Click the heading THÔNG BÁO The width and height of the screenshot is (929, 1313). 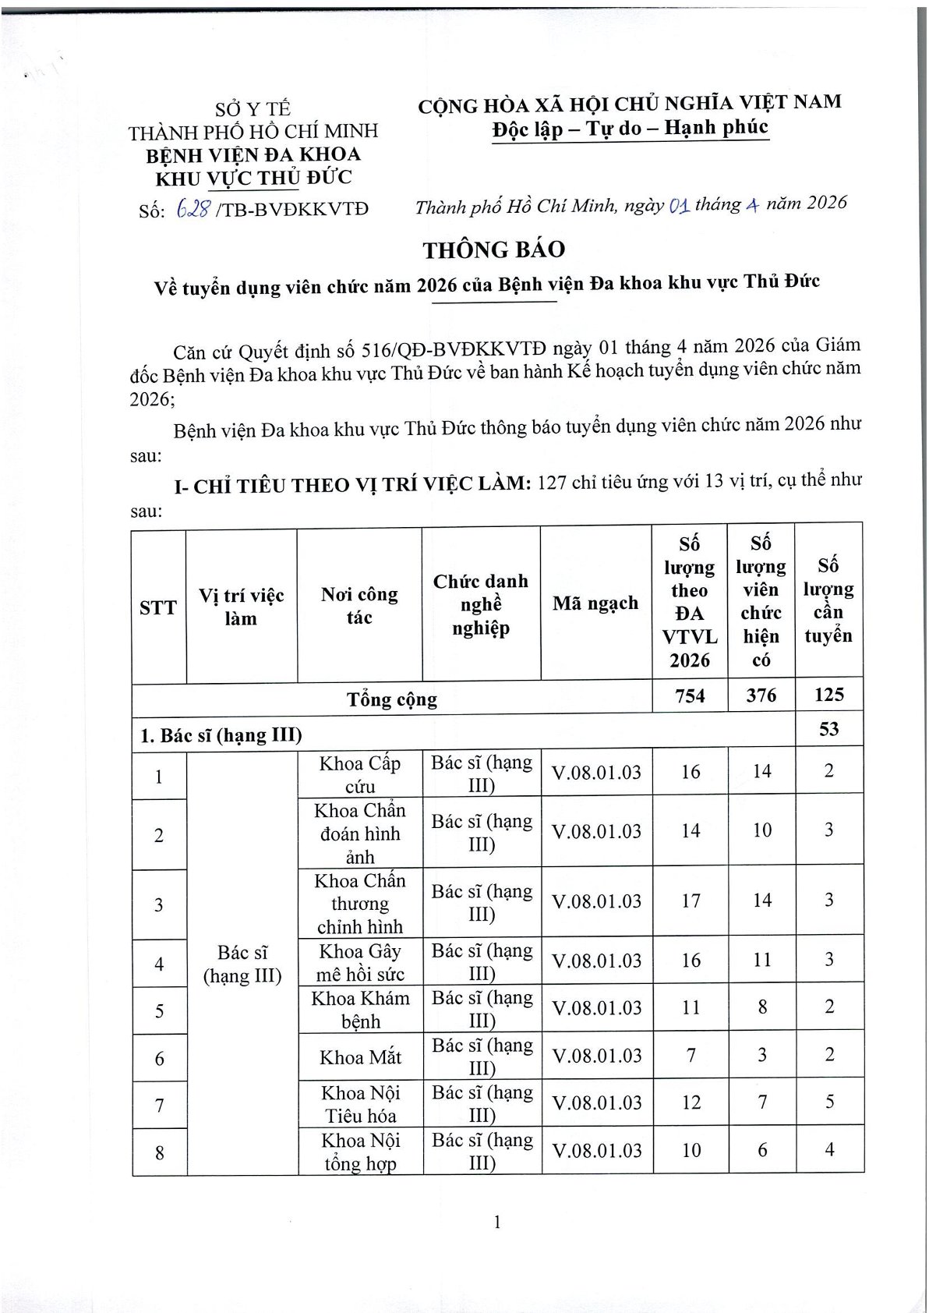pyautogui.click(x=493, y=250)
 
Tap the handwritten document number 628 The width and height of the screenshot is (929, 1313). pyautogui.click(x=193, y=208)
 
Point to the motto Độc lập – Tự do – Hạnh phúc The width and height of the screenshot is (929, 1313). pyautogui.click(x=630, y=128)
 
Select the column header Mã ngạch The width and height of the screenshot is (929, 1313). pyautogui.click(x=595, y=603)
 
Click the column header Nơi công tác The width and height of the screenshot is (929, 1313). pyautogui.click(x=359, y=606)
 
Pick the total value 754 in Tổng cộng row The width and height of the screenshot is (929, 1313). pyautogui.click(x=690, y=695)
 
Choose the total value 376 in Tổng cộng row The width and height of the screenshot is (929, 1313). pyautogui.click(x=761, y=695)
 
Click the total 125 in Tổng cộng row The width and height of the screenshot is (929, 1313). pyautogui.click(x=828, y=694)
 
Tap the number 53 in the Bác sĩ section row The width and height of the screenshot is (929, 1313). pyautogui.click(x=828, y=729)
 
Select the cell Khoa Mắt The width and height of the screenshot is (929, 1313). pyautogui.click(x=360, y=1057)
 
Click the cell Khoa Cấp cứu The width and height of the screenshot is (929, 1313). pyautogui.click(x=360, y=773)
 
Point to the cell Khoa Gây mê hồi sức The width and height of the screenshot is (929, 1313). pyautogui.click(x=360, y=962)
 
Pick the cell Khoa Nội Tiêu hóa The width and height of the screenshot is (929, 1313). pyautogui.click(x=360, y=1103)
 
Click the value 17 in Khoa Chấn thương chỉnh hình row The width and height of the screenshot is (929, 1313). pyautogui.click(x=691, y=901)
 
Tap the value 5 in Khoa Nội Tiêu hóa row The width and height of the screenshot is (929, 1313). pyautogui.click(x=829, y=1101)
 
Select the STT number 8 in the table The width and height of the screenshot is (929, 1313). pyautogui.click(x=160, y=1152)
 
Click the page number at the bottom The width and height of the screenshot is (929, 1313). pyautogui.click(x=496, y=1222)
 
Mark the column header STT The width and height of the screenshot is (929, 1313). pyautogui.click(x=158, y=607)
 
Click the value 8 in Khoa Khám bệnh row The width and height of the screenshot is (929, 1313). pyautogui.click(x=761, y=1007)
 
